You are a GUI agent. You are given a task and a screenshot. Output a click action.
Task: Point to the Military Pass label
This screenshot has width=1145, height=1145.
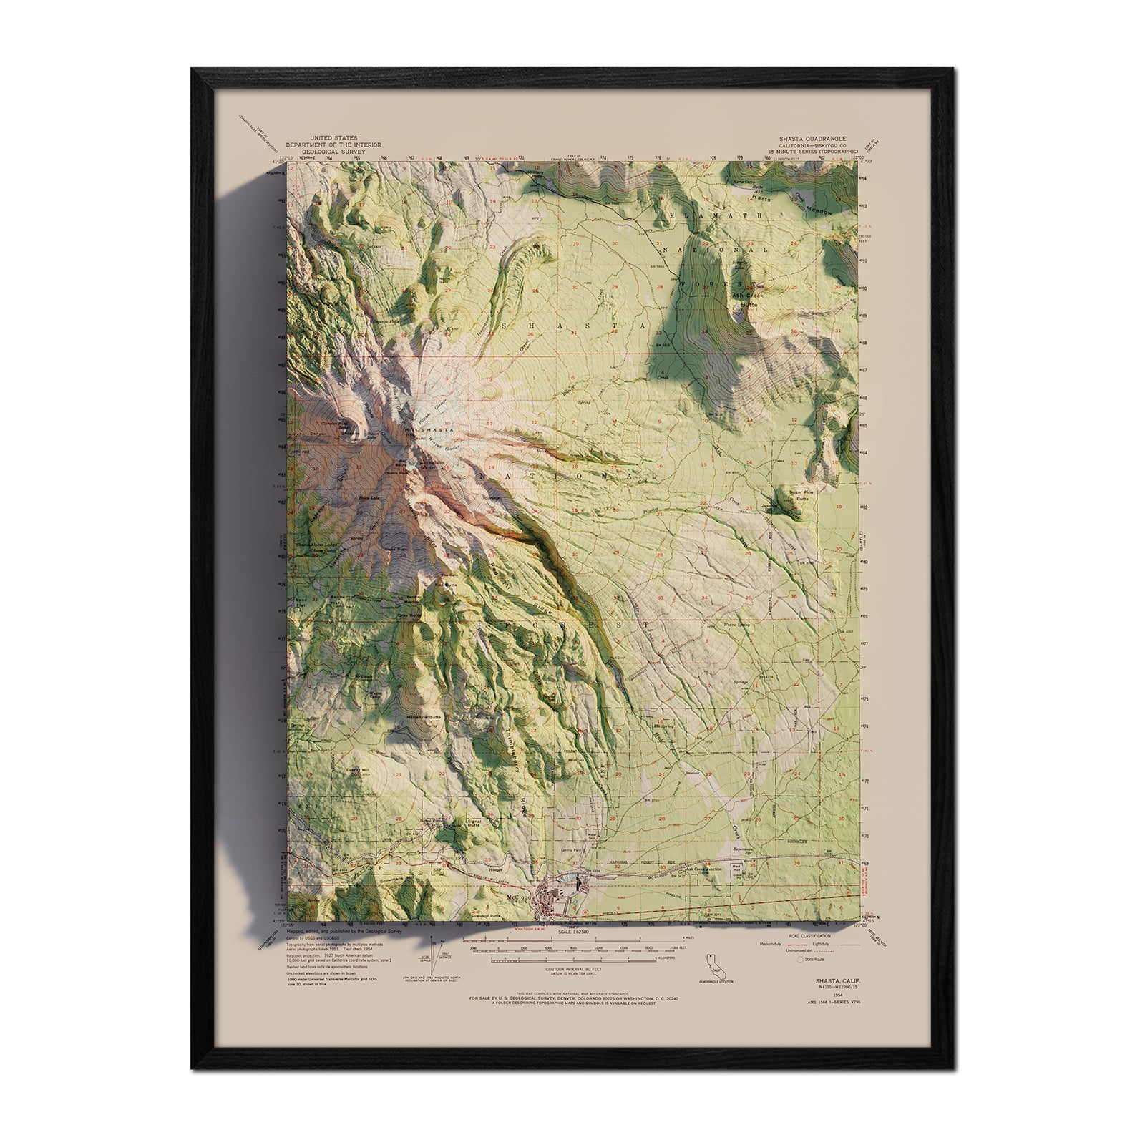[537, 175]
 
